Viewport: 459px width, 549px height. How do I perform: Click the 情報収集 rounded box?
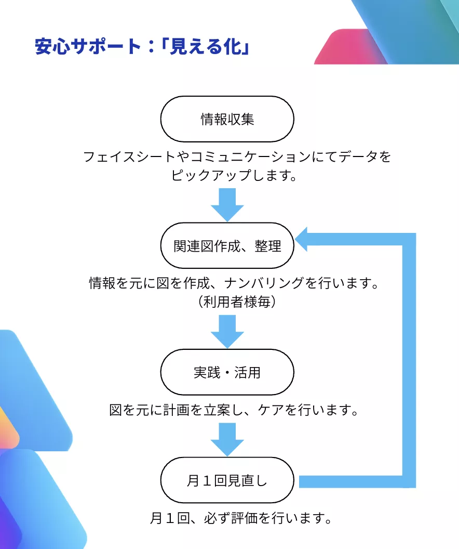tap(227, 119)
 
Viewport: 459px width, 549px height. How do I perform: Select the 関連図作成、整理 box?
tap(227, 245)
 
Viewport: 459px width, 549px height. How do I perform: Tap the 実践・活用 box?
tap(227, 372)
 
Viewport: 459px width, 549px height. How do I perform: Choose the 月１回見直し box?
tap(227, 480)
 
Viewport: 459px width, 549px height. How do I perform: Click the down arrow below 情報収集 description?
tap(227, 204)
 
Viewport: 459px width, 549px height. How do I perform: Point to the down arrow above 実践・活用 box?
tap(227, 331)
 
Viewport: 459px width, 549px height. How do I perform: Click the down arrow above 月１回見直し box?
tap(227, 439)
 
